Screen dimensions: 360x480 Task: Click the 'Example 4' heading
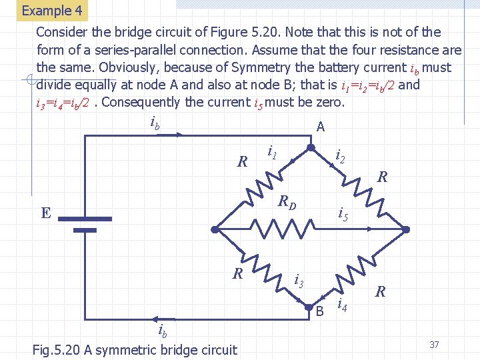click(x=52, y=11)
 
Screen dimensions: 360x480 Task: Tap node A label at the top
click(x=321, y=127)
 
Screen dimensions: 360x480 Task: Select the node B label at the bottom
click(x=319, y=311)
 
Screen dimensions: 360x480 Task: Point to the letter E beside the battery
click(x=45, y=213)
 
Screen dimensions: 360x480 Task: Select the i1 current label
click(x=272, y=152)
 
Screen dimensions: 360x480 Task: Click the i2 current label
click(x=340, y=157)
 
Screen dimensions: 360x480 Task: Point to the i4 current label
click(x=342, y=305)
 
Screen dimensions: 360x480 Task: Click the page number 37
click(x=434, y=344)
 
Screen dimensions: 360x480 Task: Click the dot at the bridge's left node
click(x=215, y=229)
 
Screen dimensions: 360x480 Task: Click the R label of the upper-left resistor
click(x=243, y=161)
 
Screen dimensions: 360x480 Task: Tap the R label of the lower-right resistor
click(x=381, y=291)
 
